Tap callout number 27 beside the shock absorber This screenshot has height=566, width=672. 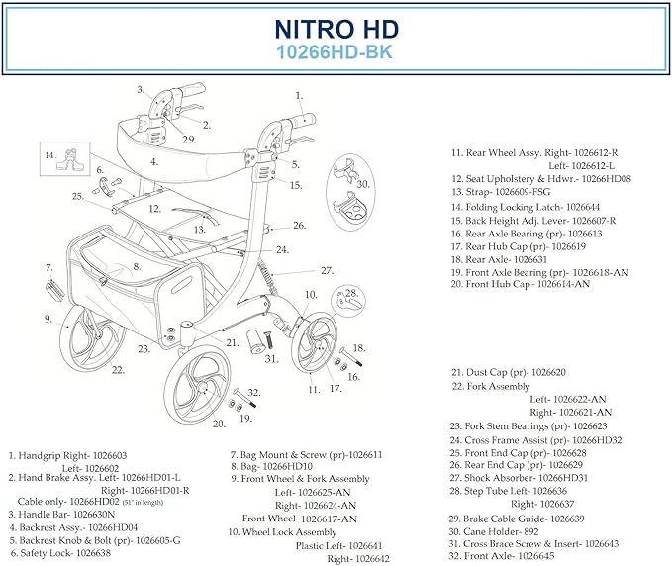pyautogui.click(x=327, y=270)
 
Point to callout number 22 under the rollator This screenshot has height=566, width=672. pyautogui.click(x=118, y=370)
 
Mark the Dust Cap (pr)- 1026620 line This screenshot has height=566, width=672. pyautogui.click(x=509, y=372)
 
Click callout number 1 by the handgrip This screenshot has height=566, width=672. pyautogui.click(x=298, y=96)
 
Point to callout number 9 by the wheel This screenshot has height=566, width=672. pyautogui.click(x=48, y=319)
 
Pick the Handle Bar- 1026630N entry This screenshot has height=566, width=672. pyautogui.click(x=62, y=514)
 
